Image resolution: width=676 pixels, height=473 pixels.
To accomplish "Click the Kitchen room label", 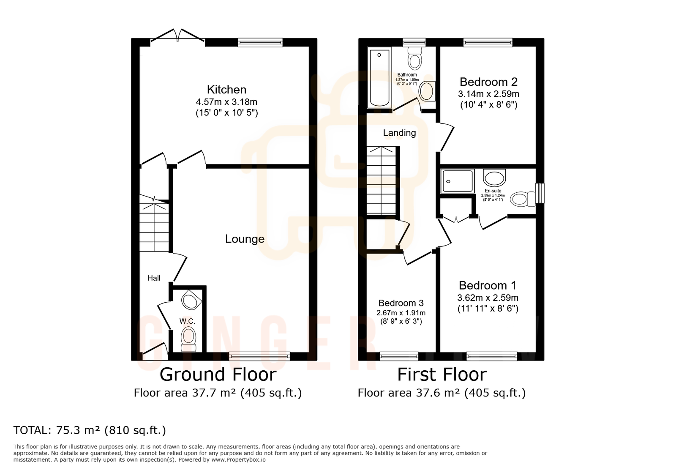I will (x=226, y=90).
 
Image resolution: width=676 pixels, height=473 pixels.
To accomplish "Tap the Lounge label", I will (x=245, y=239).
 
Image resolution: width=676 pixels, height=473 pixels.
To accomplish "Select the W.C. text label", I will (x=187, y=321).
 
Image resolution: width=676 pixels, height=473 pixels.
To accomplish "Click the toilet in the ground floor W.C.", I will (x=188, y=339).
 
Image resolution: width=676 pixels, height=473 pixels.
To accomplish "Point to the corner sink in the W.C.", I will (x=191, y=301).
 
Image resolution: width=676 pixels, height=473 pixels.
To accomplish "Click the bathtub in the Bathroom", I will (x=379, y=77).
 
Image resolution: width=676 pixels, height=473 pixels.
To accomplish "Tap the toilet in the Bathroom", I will (x=415, y=58).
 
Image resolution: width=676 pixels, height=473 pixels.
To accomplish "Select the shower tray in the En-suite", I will (x=457, y=181).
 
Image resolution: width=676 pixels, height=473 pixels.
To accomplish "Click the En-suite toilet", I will (x=522, y=199).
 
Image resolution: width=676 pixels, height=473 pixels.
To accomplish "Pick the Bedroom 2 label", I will (x=488, y=82).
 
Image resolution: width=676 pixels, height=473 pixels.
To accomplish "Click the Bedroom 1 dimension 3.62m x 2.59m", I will (x=488, y=298).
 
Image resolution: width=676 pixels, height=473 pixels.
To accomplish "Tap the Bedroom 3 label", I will (x=401, y=303).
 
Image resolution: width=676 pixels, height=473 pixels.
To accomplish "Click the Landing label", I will (x=399, y=133).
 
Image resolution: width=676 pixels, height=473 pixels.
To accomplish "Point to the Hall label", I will (x=154, y=278).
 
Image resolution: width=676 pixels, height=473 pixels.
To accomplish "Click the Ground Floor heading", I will (x=218, y=375).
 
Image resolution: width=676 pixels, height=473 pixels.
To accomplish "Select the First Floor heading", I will (x=442, y=375).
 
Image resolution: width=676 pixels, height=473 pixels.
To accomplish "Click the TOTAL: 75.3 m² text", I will (x=90, y=430).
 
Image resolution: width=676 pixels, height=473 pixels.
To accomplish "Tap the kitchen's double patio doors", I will (x=178, y=36).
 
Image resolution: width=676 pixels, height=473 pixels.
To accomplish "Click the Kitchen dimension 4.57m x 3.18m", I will (x=226, y=102).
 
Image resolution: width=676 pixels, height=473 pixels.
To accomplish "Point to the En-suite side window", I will (x=540, y=193).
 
